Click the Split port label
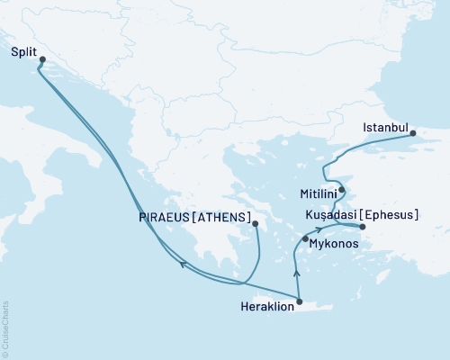(25, 53)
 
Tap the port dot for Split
(42, 59)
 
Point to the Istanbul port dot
(413, 134)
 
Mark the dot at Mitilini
(342, 189)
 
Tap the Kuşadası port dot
(362, 227)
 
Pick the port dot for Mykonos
(306, 238)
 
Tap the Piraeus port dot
(256, 224)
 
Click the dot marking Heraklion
(299, 301)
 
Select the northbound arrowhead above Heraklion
(296, 273)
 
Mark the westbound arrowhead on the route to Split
(182, 265)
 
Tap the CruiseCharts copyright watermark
(5, 328)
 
